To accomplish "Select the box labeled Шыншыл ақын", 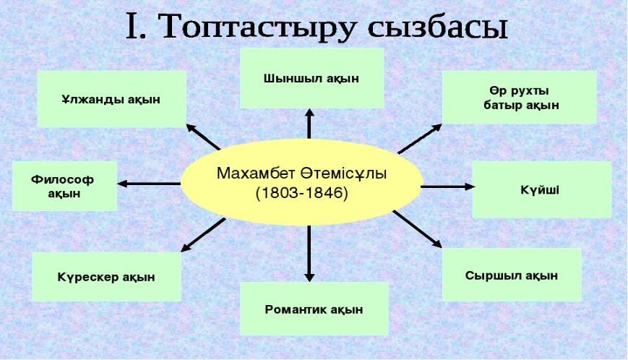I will [311, 78].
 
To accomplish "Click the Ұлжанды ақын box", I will [111, 99].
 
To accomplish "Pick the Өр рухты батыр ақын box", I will [518, 98].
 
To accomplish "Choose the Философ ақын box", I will [64, 186].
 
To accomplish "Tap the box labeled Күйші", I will [541, 190].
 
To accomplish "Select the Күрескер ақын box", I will [106, 277].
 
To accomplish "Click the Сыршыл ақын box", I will [511, 275].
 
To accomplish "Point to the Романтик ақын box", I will [314, 309].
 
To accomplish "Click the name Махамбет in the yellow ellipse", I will [258, 174].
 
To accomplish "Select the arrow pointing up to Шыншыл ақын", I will [309, 124].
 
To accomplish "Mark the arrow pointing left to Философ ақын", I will [148, 184].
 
